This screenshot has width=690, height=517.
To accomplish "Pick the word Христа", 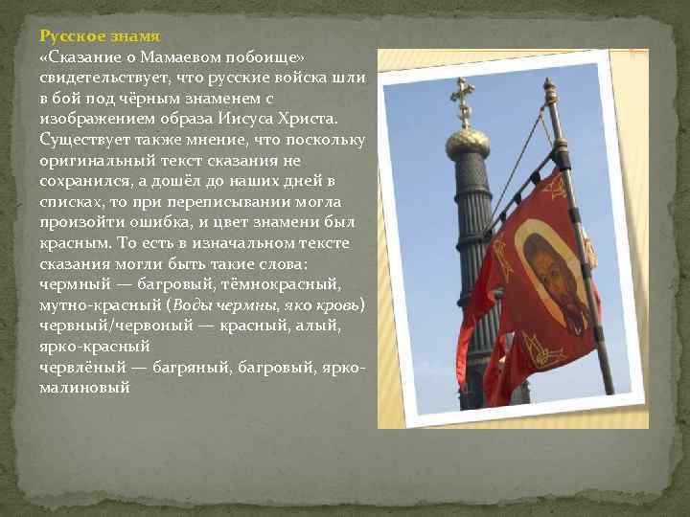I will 310,119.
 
